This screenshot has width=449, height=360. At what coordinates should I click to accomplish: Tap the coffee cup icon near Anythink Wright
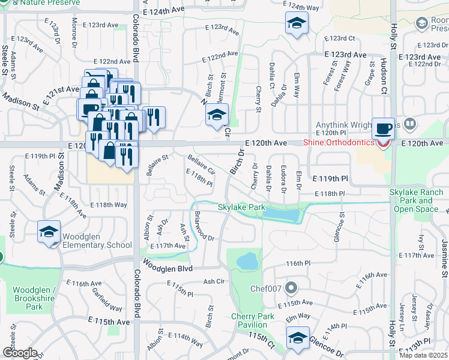[383, 129]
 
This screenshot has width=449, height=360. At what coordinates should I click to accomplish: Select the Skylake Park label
[241, 207]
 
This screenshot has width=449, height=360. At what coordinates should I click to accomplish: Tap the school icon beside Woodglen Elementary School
[49, 232]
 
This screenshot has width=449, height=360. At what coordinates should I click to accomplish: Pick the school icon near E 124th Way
[295, 24]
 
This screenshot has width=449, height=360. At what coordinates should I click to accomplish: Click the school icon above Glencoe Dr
[298, 338]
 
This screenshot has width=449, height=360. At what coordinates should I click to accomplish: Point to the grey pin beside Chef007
[292, 287]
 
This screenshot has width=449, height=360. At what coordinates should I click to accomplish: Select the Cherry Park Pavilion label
[253, 320]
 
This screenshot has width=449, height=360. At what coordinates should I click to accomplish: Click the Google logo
[20, 353]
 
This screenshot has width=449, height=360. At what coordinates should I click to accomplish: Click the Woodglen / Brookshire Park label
[34, 298]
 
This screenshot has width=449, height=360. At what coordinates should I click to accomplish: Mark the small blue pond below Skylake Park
[247, 261]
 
